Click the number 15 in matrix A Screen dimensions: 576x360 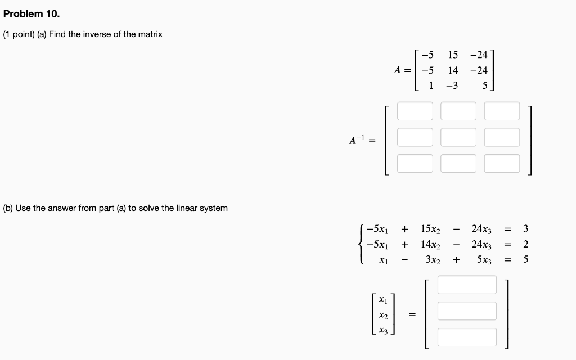(453, 55)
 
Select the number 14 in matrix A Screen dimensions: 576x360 (453, 70)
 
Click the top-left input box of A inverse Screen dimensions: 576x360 (415, 111)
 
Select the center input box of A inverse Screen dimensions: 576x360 (458, 137)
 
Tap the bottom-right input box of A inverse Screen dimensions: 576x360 (502, 163)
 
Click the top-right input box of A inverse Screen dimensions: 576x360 (502, 111)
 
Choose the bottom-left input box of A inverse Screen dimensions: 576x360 (415, 163)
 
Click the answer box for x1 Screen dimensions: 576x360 (467, 285)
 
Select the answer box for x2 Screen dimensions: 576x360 (467, 311)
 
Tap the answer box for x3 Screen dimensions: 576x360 (467, 337)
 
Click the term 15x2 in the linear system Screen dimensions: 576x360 (430, 229)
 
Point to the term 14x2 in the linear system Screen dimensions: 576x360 (430, 245)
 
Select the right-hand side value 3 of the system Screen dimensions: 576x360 (525, 229)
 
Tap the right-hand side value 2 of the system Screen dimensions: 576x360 (525, 245)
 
